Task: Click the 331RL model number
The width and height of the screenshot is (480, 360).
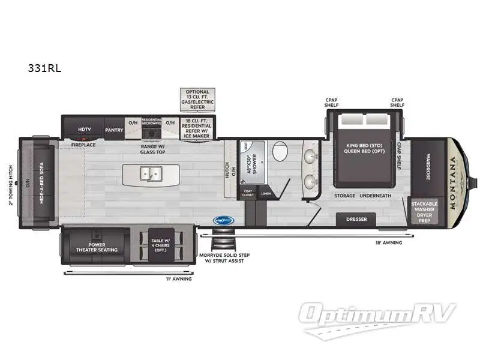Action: [44, 68]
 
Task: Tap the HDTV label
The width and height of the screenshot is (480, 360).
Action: [84, 129]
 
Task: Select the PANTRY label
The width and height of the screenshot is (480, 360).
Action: [114, 129]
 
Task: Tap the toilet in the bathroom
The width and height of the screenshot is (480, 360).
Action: [280, 151]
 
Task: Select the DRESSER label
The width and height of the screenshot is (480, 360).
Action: [356, 220]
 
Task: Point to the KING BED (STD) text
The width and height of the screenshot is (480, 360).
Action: [365, 146]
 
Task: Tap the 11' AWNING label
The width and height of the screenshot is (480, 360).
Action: [179, 279]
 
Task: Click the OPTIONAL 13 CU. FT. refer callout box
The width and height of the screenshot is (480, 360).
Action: [197, 100]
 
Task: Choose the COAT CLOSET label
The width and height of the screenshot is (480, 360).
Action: [248, 193]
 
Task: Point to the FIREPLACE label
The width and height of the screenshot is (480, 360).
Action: [83, 145]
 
